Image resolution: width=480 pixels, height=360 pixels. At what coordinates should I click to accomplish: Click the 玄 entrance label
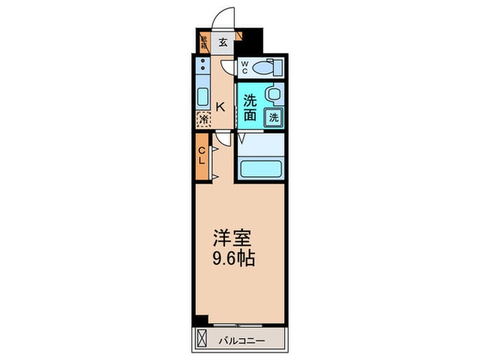[x=224, y=42]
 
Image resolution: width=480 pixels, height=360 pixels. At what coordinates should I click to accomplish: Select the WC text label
[x=243, y=68]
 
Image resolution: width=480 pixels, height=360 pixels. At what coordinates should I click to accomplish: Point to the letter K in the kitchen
[x=221, y=106]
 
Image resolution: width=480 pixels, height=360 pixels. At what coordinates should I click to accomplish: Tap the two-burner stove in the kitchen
[x=204, y=67]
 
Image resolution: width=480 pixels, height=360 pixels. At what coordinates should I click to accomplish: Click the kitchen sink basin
[x=204, y=95]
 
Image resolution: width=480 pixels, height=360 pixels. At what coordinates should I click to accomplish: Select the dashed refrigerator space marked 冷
[x=204, y=120]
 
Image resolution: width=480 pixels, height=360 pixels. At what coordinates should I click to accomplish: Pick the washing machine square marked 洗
[x=274, y=117]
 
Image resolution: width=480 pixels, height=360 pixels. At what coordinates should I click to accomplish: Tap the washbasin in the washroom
[x=273, y=93]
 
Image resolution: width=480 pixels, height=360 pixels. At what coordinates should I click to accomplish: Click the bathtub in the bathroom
[x=261, y=167]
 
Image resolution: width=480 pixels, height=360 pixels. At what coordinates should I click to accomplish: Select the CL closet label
[x=202, y=156]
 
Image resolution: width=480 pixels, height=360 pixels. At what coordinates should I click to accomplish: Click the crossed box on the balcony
[x=202, y=339]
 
